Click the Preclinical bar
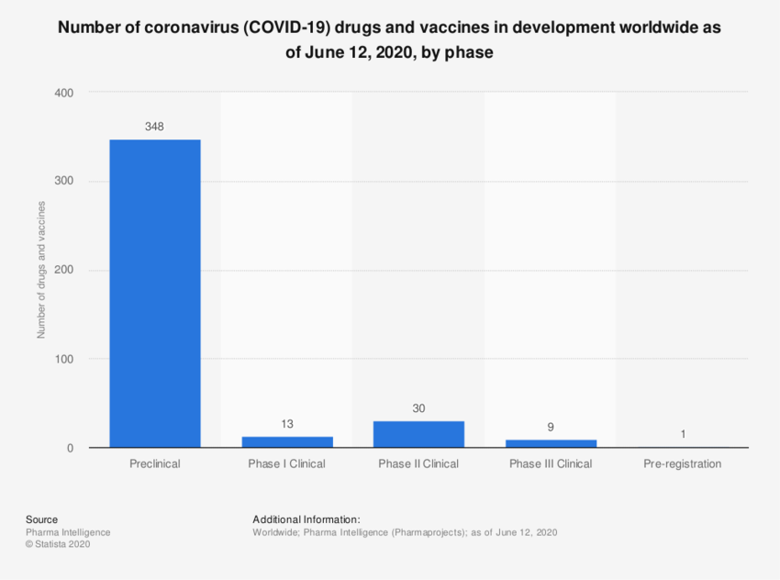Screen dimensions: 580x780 coord(154,294)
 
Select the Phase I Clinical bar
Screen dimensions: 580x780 coord(286,442)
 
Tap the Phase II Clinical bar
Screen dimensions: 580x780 coord(418,434)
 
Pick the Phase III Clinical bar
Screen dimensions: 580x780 coord(551,444)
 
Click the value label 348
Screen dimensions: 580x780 coord(154,127)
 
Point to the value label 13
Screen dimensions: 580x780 coord(286,424)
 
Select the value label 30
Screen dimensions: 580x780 coord(418,408)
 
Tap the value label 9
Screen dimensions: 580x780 coord(551,427)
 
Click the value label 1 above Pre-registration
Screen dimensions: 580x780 coord(683,434)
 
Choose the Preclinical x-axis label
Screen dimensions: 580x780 coord(154,464)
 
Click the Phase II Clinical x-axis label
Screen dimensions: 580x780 coord(418,464)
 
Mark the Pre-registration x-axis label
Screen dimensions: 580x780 coord(683,464)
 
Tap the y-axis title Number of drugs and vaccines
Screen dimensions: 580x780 coord(41,271)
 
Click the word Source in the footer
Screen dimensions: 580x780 coord(41,519)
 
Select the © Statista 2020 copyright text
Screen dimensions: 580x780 coord(59,544)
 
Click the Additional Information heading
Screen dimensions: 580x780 coord(306,519)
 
